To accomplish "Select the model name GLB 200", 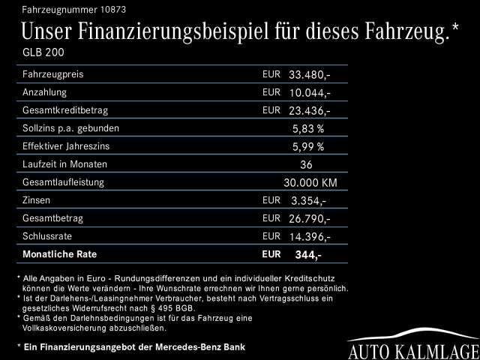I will click(44, 52).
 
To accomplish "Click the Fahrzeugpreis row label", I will click(52, 74).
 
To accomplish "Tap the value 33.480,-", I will click(309, 75).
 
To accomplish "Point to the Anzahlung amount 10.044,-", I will click(309, 93).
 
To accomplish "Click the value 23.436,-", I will click(309, 110).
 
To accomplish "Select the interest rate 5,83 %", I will click(307, 128).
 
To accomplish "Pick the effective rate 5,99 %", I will click(307, 146).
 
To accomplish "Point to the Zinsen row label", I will click(37, 200).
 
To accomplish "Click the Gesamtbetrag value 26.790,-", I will click(309, 218).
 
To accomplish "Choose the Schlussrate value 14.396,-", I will click(309, 236).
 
